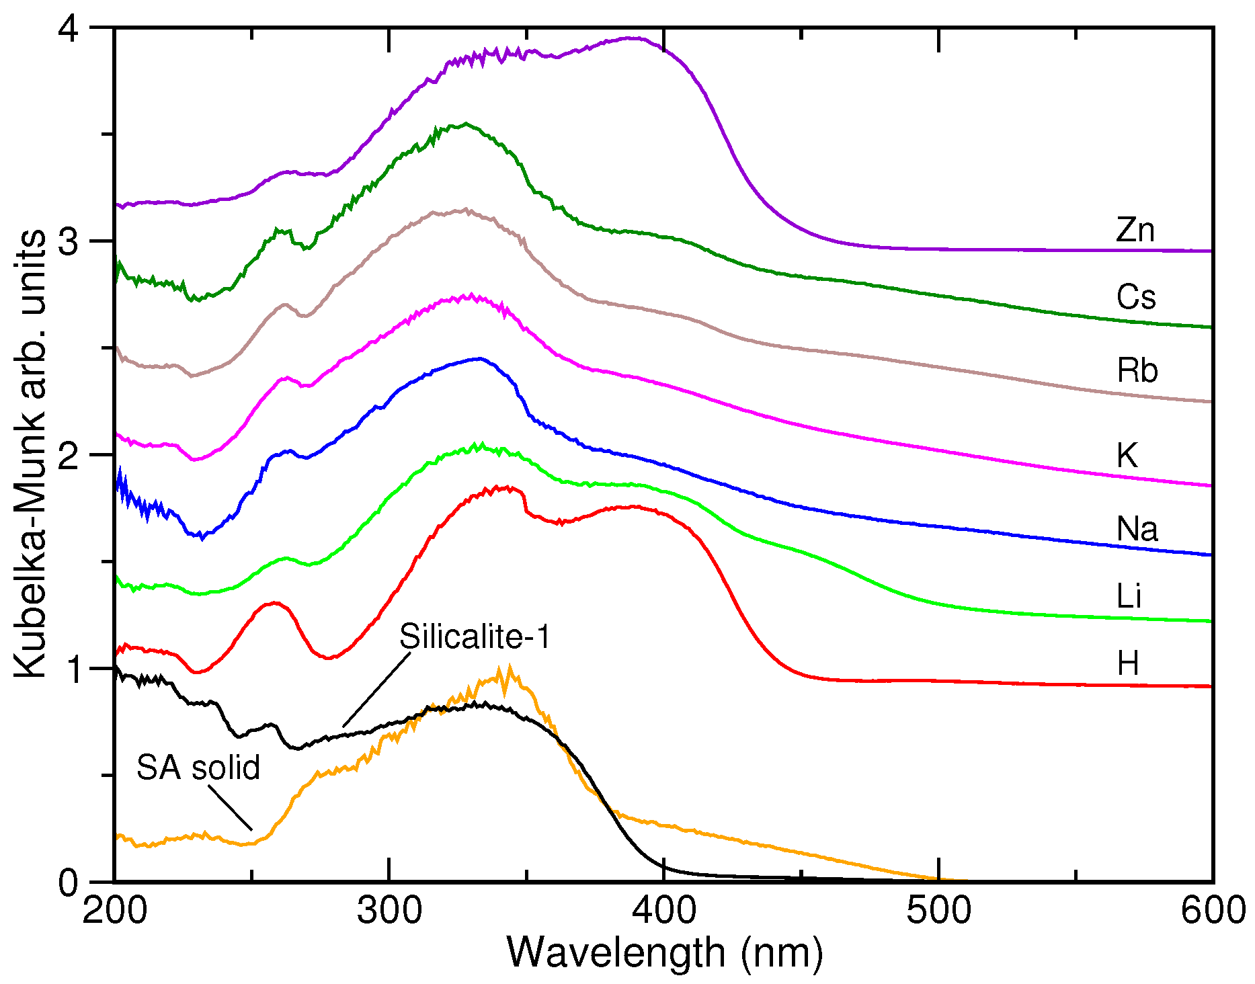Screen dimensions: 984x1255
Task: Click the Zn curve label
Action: (1135, 230)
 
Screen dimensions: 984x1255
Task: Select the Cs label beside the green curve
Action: (1136, 297)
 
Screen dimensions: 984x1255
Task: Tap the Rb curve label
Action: (1137, 370)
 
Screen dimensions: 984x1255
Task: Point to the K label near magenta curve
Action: (1127, 456)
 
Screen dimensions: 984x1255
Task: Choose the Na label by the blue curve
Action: (1137, 529)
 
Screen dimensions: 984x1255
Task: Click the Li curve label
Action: (1129, 596)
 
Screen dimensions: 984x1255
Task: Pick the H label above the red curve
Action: (1128, 663)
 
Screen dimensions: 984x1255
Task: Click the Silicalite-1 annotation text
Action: (475, 636)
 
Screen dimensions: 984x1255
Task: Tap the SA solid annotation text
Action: (198, 768)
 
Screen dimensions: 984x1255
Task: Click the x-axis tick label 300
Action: (389, 911)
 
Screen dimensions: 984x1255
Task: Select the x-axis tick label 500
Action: (938, 911)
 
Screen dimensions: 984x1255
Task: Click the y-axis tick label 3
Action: (69, 241)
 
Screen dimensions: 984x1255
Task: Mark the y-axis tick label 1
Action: (69, 669)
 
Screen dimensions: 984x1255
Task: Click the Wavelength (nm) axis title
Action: (664, 952)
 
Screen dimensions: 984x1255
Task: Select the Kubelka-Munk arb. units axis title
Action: (30, 454)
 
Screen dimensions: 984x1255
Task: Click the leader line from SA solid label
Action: (230, 808)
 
